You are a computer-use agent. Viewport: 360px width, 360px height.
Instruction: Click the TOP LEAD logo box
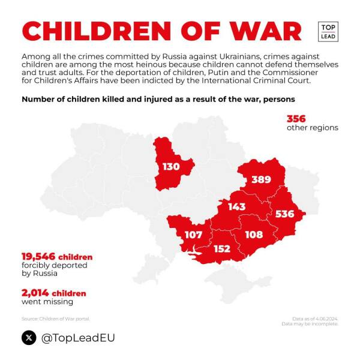pos(328,31)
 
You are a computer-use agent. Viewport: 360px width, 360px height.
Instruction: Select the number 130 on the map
pos(171,166)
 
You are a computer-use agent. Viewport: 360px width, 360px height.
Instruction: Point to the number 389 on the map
pos(261,179)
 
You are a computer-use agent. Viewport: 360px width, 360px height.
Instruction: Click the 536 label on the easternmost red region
pos(284,214)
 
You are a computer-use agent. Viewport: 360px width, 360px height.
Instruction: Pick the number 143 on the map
pos(236,206)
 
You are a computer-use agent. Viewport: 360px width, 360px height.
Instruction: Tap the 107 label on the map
pos(193,235)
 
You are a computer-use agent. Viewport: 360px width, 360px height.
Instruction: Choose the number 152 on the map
pos(222,248)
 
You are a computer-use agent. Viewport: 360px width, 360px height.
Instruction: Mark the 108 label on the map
pos(254,234)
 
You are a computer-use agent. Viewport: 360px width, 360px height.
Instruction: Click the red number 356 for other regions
pos(296,119)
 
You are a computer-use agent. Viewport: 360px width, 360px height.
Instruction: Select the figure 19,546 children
pos(57,256)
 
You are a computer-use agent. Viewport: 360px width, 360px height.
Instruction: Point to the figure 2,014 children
pos(54,293)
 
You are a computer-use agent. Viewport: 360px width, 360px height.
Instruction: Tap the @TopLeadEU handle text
pos(77,338)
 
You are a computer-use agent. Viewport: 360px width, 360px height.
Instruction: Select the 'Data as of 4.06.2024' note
pos(310,319)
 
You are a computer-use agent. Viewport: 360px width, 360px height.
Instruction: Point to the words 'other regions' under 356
pos(312,127)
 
